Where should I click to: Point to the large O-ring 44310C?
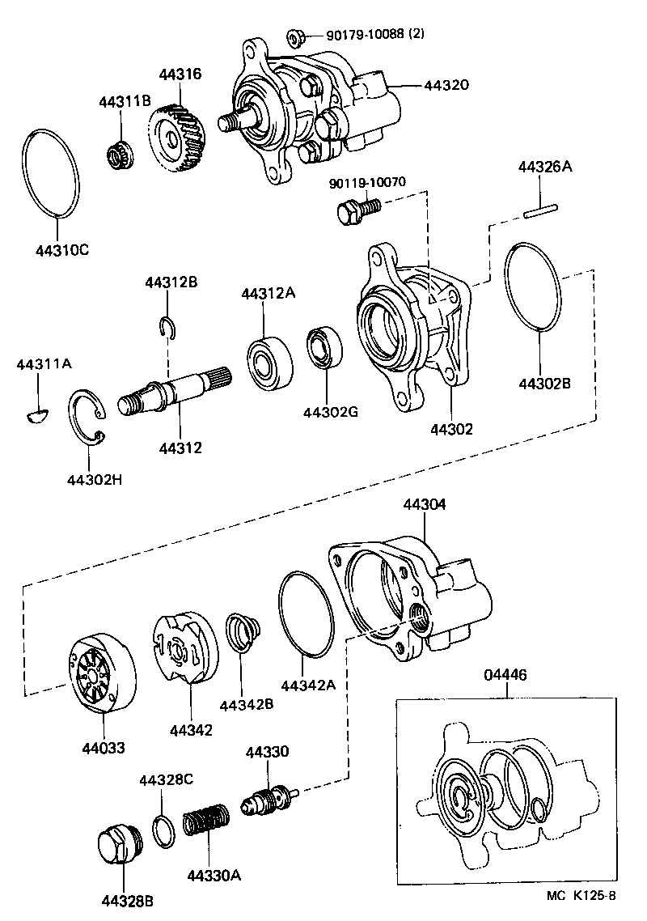(x=50, y=173)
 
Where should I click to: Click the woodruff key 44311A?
(x=36, y=416)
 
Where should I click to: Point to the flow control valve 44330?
(x=271, y=802)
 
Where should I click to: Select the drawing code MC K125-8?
(x=581, y=896)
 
